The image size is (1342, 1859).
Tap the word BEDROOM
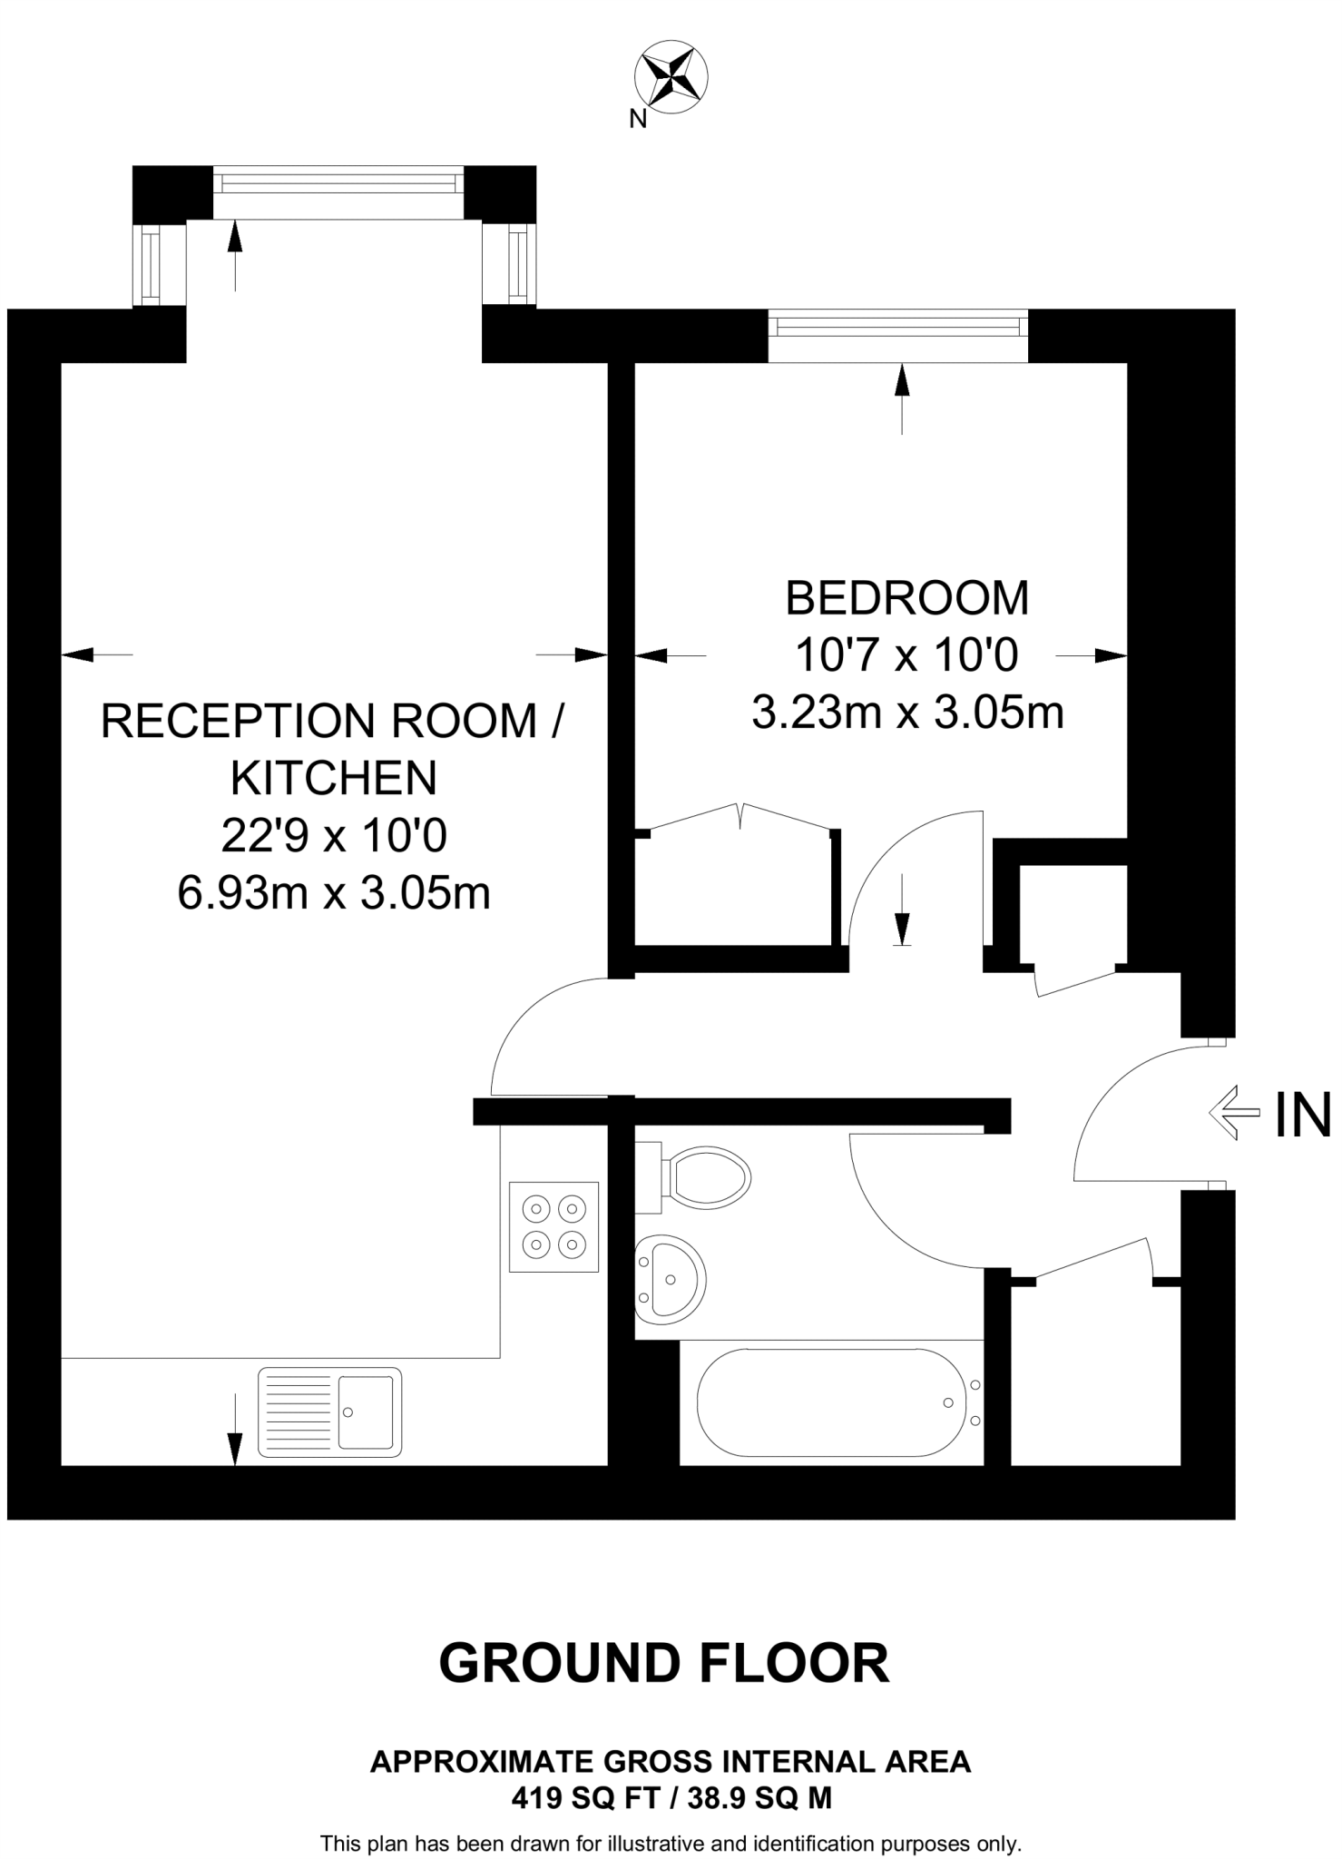[906, 598]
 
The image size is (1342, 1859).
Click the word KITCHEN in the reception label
[334, 778]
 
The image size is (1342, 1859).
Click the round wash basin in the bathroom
[671, 1279]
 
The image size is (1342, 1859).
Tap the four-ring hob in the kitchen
[553, 1226]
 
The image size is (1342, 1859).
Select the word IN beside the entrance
[1302, 1115]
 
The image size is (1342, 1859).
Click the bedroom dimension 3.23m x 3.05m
[906, 713]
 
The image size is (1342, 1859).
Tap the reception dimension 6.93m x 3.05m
[334, 893]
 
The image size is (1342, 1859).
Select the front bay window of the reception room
[338, 182]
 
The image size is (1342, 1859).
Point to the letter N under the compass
[638, 119]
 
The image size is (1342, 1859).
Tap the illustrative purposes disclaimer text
[671, 1844]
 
